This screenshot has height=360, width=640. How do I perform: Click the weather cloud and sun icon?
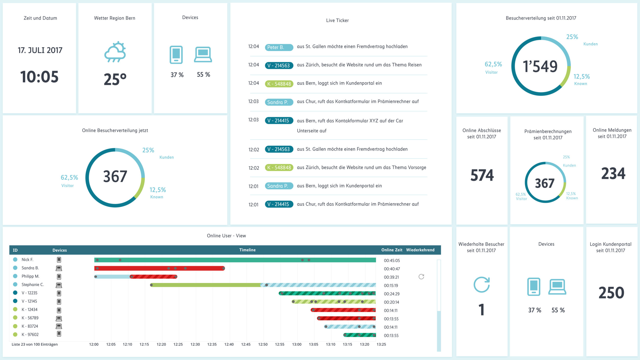tap(115, 52)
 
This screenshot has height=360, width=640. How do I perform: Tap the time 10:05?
tap(39, 77)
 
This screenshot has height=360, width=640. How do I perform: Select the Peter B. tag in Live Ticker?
tap(279, 47)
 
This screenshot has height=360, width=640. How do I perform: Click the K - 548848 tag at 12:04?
tap(279, 84)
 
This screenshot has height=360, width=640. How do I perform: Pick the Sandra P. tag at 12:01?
tap(279, 186)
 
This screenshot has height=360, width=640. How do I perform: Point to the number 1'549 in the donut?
tap(540, 66)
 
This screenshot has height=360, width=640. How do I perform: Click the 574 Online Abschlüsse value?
tap(482, 175)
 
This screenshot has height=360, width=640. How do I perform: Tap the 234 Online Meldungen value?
tap(613, 174)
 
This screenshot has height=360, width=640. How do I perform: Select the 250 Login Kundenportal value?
tap(611, 293)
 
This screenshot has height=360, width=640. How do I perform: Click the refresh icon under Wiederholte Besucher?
tap(482, 284)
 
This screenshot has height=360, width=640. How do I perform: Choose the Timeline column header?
tap(247, 250)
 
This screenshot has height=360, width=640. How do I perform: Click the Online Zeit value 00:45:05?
tap(392, 261)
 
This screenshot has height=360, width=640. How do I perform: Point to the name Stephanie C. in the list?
tap(33, 284)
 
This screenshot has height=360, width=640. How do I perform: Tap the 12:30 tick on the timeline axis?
tap(195, 344)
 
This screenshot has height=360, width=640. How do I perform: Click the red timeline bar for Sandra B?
tap(159, 268)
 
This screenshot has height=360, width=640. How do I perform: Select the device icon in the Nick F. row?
tap(59, 260)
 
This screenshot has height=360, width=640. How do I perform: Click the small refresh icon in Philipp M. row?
tap(421, 277)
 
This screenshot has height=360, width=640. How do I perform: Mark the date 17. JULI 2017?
tap(40, 50)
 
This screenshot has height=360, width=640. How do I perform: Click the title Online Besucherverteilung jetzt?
tap(115, 131)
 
